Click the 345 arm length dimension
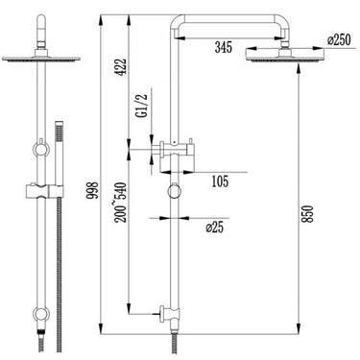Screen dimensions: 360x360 click(223, 47)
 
